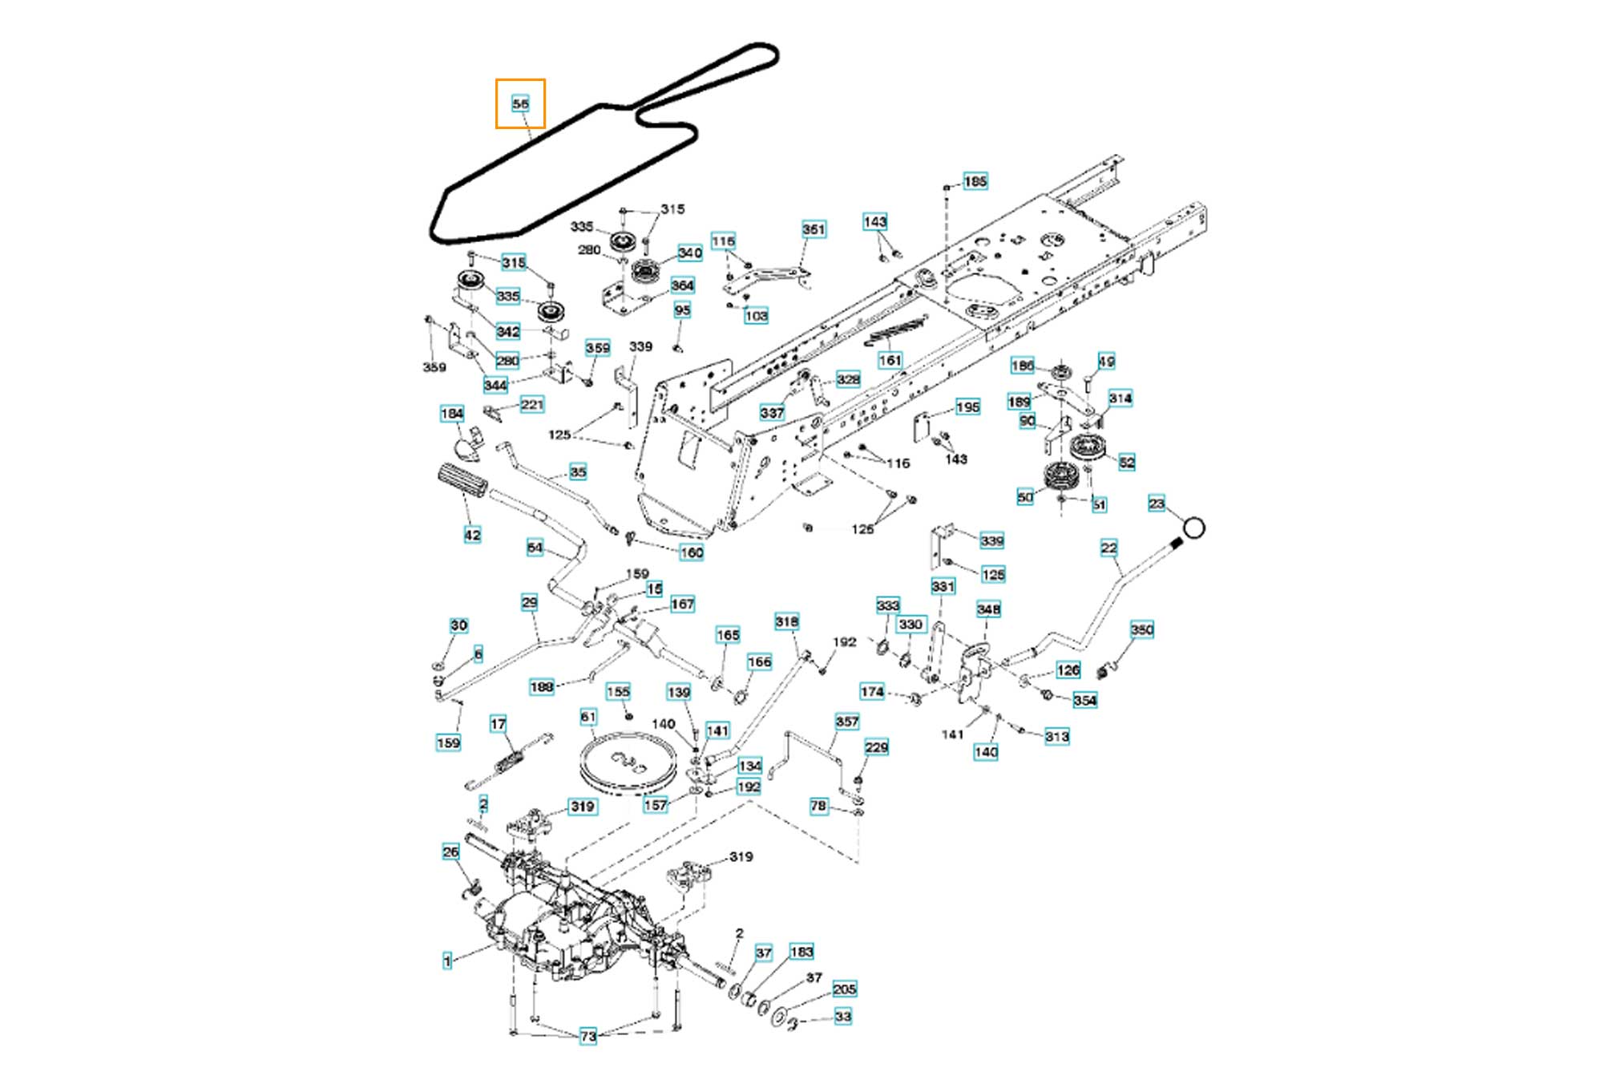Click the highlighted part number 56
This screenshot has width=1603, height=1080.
coord(520,103)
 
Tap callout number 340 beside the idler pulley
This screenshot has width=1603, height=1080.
coord(689,253)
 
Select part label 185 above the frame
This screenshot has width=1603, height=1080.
coord(975,182)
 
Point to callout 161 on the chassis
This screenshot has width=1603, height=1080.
coord(890,360)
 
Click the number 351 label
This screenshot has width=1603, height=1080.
coord(813,229)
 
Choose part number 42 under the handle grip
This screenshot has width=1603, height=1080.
coord(472,535)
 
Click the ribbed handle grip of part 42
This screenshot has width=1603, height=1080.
coord(462,483)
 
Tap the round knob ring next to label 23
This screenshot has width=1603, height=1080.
coord(1193,527)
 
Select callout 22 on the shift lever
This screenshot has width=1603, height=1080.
coord(1108,548)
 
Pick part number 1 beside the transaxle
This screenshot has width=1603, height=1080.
coord(447,960)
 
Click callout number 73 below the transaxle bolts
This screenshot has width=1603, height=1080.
coord(588,1036)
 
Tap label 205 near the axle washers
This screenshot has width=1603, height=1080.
coord(844,989)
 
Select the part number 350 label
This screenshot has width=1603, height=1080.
coord(1141,630)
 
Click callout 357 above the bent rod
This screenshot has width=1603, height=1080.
coord(846,722)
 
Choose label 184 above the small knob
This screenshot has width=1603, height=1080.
coord(452,414)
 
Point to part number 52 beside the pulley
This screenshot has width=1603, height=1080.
coord(1126,462)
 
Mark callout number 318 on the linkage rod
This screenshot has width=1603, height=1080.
coord(786,621)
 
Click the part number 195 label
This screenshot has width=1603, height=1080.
coord(967,407)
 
